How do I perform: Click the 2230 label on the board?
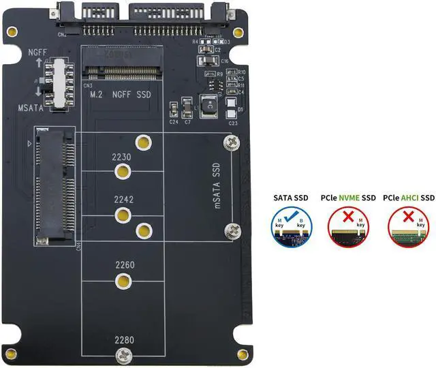click(x=122, y=157)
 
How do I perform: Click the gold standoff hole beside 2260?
click(x=123, y=281)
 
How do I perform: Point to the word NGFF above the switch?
click(x=37, y=52)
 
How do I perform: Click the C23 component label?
click(x=233, y=123)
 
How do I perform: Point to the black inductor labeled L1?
click(x=207, y=108)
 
